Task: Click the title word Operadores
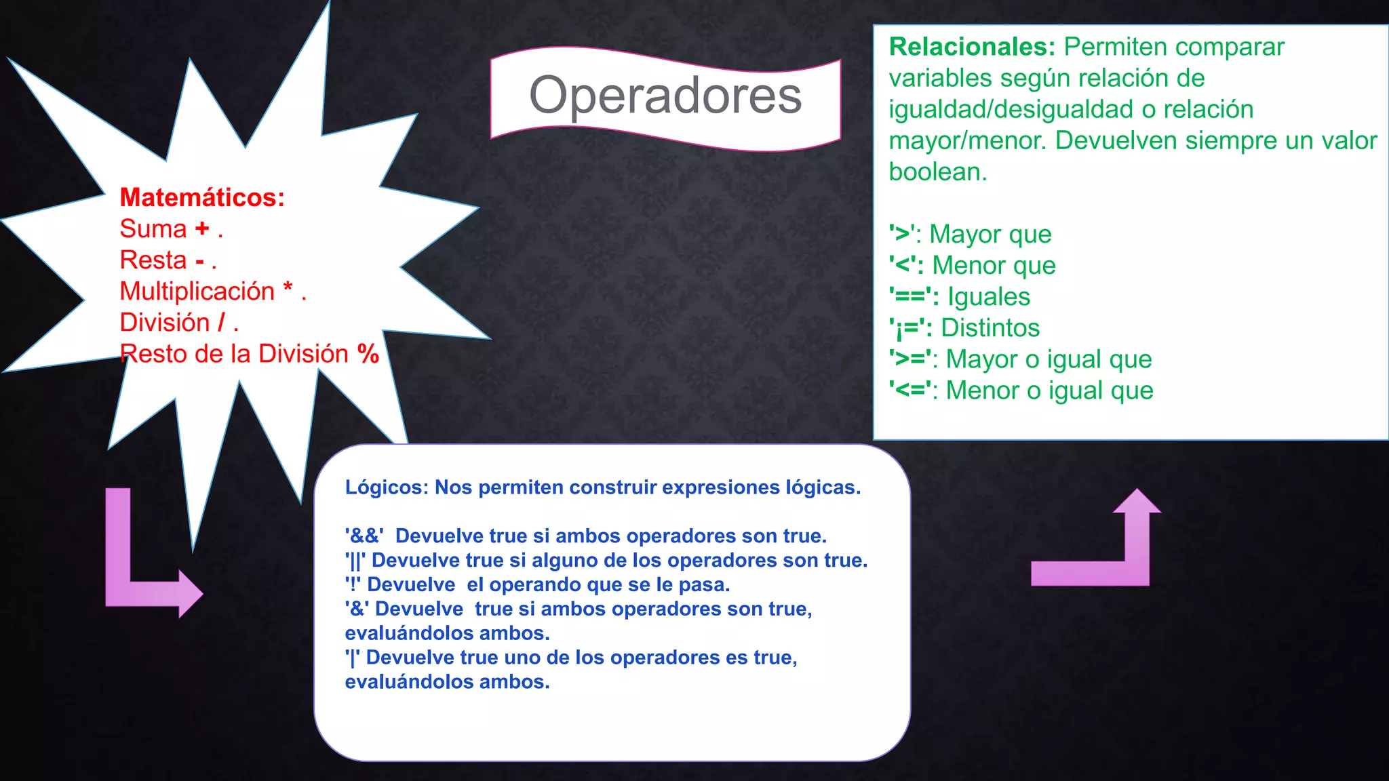tap(665, 96)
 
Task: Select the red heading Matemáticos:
tap(202, 198)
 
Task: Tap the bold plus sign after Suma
tap(202, 228)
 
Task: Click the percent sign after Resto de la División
tap(368, 353)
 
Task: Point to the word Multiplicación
tap(197, 292)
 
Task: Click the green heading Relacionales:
tap(972, 47)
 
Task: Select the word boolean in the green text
tap(937, 172)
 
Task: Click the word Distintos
tap(990, 328)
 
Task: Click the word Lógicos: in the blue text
tap(387, 487)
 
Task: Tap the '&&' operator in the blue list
tap(364, 536)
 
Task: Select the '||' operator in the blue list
tap(355, 561)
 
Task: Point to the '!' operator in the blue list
tap(353, 585)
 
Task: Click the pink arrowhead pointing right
tap(191, 593)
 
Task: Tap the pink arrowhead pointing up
tap(1137, 502)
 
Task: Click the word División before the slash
tap(165, 323)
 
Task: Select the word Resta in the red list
tap(153, 260)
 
